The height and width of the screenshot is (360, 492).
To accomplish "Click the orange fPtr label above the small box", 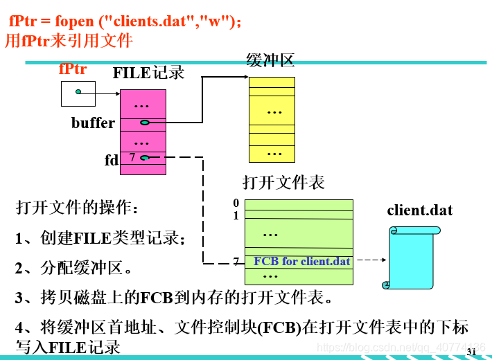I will point(73,69).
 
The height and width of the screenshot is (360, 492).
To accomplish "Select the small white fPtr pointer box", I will point(78,93).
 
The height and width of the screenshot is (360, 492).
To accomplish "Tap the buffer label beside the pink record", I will point(93,123).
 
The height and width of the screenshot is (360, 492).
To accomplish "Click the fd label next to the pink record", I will point(112,161).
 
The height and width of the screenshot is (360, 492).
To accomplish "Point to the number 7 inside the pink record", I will point(132,158).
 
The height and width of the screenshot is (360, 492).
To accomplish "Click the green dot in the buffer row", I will point(144,123).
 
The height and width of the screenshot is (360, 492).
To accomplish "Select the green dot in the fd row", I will point(144,158).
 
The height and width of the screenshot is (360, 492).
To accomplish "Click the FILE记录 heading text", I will point(148,72).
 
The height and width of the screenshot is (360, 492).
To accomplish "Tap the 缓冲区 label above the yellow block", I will point(270,60).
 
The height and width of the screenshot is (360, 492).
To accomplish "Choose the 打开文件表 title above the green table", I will point(283,182).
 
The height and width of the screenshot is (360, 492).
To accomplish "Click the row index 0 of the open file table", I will point(236,203).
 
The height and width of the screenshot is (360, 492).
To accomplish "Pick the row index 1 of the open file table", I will point(236,215).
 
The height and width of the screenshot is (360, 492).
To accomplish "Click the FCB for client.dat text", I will point(302,262).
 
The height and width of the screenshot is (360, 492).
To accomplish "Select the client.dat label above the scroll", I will point(419,210).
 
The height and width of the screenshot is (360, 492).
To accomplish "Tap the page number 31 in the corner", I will point(471,352).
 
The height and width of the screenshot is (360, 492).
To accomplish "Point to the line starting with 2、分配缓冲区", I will point(74,268).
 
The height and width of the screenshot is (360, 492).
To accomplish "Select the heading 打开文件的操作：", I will point(78,208).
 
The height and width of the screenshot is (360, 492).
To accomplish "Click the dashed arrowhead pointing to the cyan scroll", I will point(383,261).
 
